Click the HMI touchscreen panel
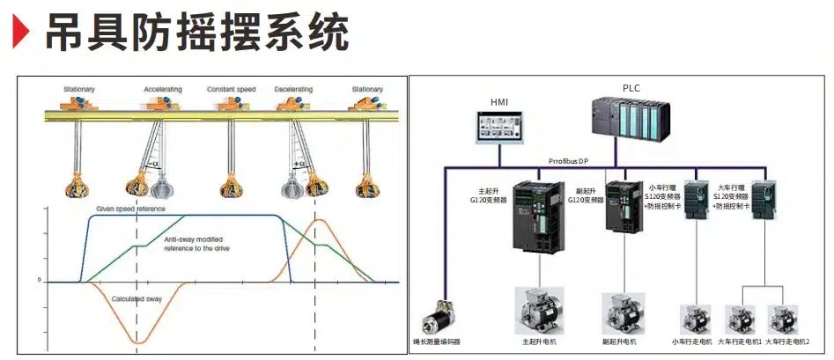click(499, 126)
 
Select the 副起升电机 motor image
click(624, 312)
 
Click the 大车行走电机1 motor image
click(739, 318)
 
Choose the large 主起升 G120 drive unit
click(535, 215)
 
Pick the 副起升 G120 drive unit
click(624, 206)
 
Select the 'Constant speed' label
click(231, 90)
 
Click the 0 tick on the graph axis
click(39, 281)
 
